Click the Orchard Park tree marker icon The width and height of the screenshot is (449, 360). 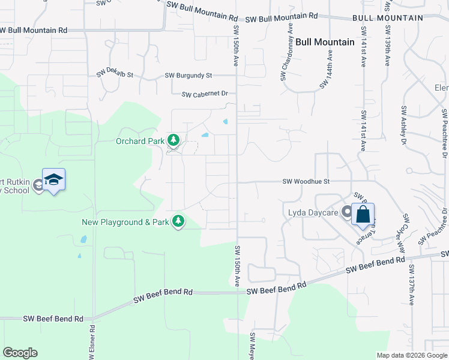[x=173, y=140]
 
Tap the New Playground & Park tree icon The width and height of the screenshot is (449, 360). [x=178, y=221]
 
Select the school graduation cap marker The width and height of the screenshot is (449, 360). [x=53, y=180]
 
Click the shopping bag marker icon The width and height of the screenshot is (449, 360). [x=363, y=215]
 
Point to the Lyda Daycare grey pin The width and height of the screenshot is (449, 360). [x=346, y=211]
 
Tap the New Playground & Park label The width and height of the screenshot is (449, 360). [x=125, y=222]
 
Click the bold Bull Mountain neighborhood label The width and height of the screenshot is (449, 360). [x=325, y=42]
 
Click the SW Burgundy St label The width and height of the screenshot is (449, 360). [x=188, y=76]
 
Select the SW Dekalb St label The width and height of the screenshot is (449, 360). [x=115, y=76]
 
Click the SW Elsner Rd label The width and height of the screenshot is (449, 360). [x=92, y=343]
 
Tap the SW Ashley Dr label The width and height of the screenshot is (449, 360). [x=403, y=125]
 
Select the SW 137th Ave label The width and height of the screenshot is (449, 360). [x=412, y=285]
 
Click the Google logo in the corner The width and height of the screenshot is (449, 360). [x=20, y=353]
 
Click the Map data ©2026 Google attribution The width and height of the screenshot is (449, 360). [x=412, y=355]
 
